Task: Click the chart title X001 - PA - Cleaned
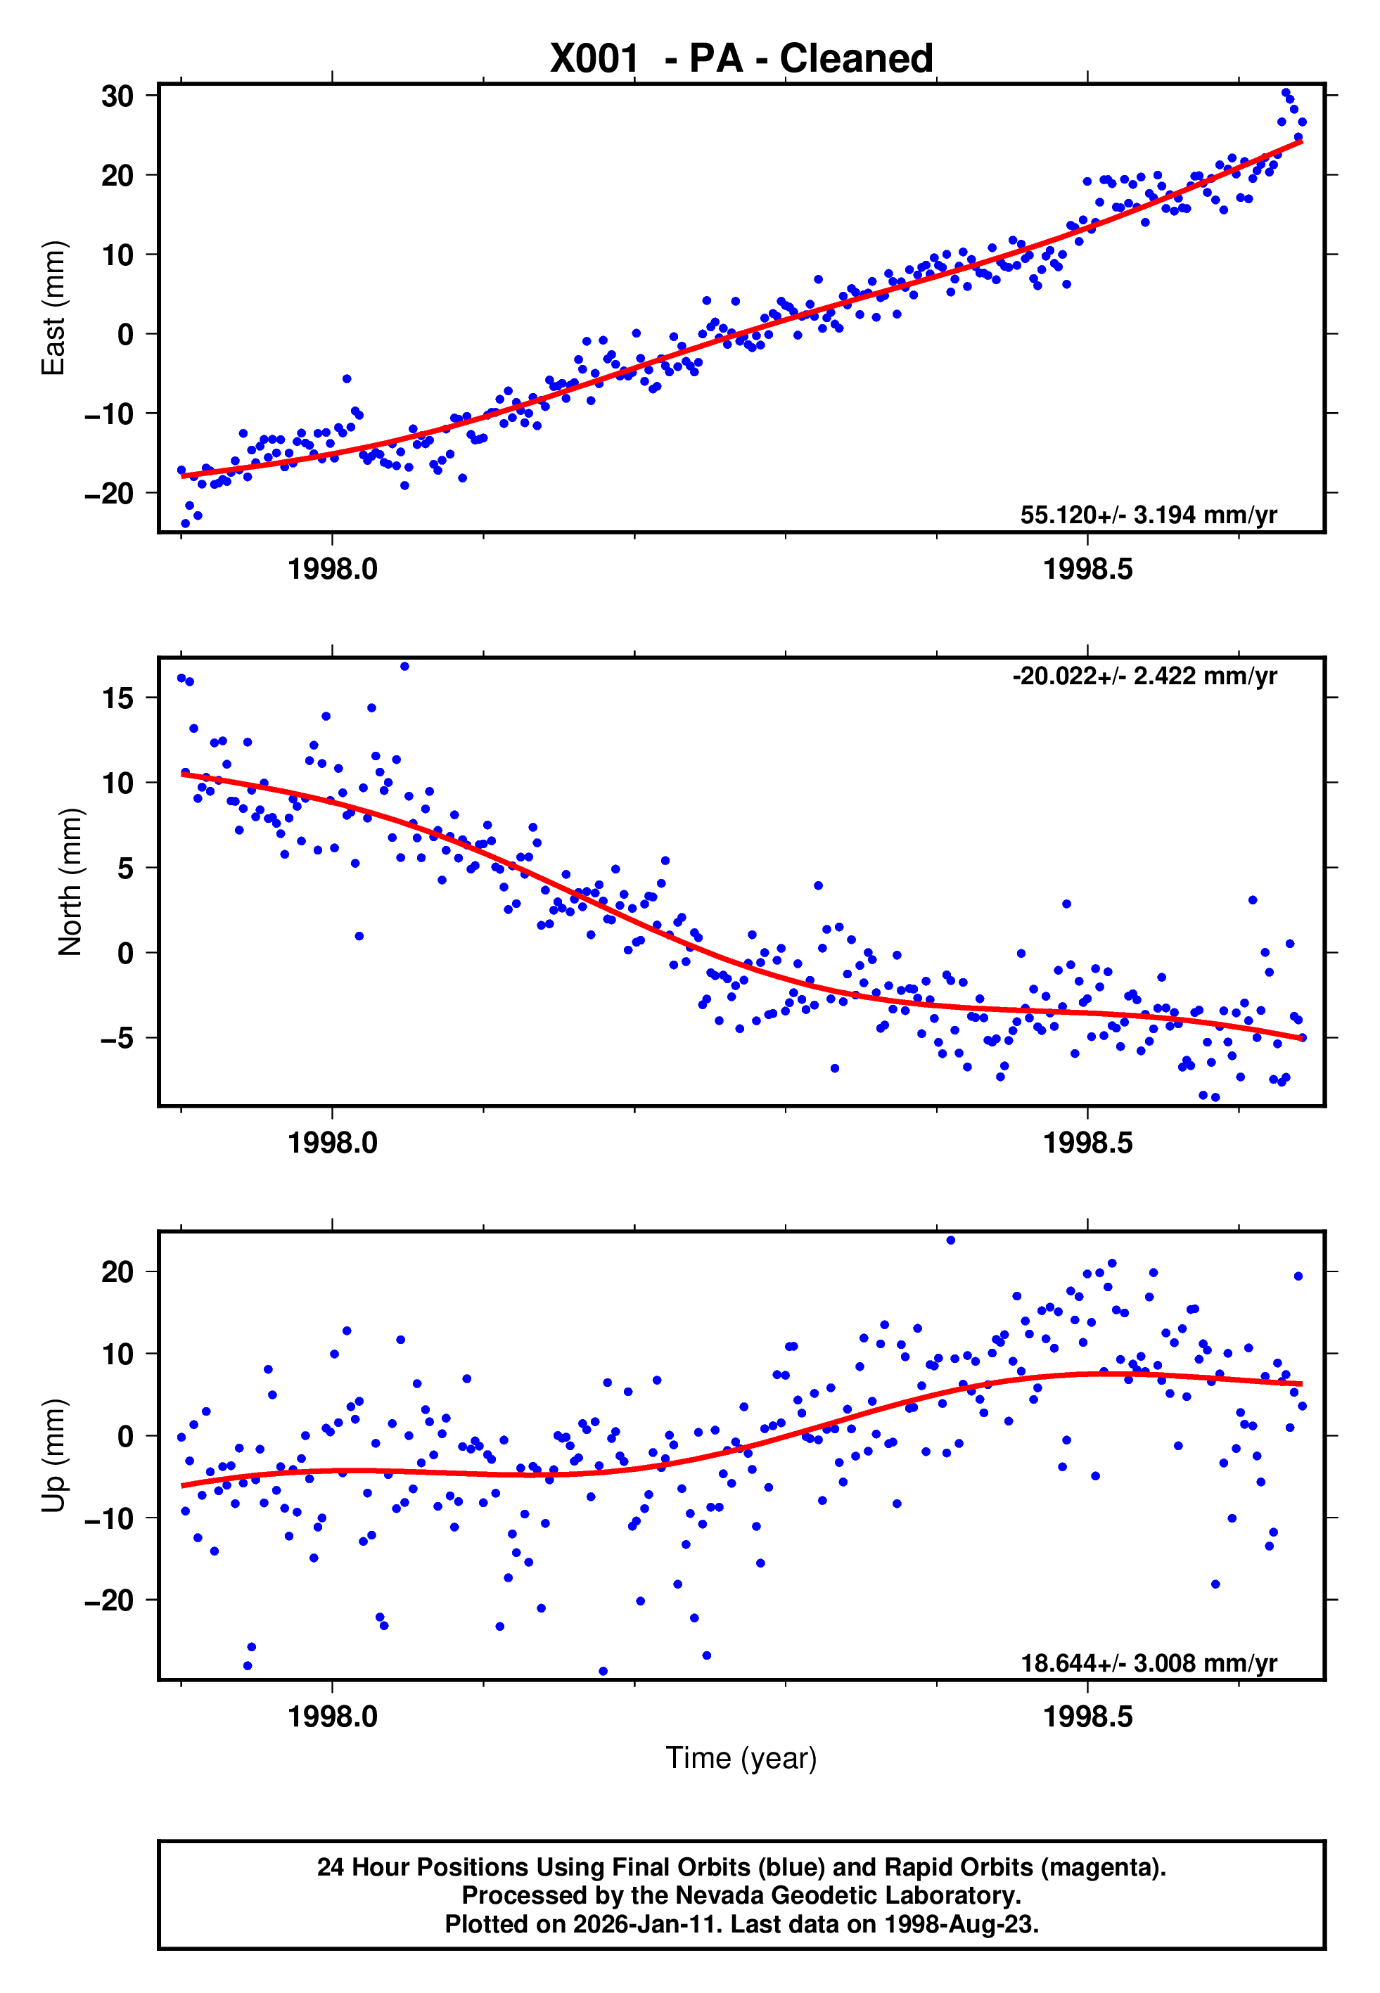click(741, 59)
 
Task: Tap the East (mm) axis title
click(53, 308)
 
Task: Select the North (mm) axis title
click(70, 882)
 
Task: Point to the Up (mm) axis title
click(53, 1456)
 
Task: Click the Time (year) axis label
click(741, 1758)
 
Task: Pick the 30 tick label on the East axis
click(117, 96)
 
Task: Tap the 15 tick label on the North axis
click(117, 698)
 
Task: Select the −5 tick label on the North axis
click(117, 1038)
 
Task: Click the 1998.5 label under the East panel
click(1087, 570)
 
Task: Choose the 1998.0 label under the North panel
click(332, 1143)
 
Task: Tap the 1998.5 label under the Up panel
click(1087, 1717)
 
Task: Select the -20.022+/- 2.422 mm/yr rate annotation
click(1144, 676)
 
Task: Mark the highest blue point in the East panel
click(1285, 92)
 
